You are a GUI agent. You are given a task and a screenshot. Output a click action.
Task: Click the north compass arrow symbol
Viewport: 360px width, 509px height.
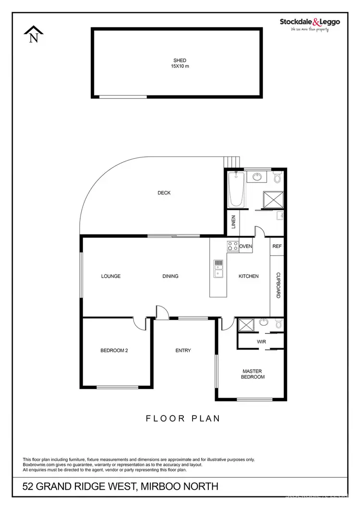point(34,35)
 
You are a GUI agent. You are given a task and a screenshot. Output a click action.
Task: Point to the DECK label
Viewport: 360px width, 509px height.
point(164,193)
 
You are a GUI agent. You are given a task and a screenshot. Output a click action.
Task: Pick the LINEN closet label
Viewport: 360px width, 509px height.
point(234,223)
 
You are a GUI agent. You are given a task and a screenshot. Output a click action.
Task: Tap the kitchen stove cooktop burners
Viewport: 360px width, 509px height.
point(233,247)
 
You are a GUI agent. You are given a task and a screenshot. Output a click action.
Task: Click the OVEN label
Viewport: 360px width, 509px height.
point(246,247)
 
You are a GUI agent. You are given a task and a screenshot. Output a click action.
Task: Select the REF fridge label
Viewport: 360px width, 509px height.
point(277,247)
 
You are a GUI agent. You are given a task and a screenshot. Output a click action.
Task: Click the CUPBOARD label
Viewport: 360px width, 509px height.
point(278,286)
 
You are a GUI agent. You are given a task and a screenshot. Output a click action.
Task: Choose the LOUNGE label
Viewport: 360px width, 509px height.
point(111,276)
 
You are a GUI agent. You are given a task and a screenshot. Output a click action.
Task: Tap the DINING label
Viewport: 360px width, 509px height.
point(170,276)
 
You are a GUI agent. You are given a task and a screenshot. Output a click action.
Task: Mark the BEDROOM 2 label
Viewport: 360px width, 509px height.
point(114,351)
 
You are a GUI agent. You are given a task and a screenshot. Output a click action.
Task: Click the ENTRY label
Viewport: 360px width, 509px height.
point(183,351)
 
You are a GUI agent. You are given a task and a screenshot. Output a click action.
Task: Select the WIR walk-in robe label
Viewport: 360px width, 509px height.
point(262,342)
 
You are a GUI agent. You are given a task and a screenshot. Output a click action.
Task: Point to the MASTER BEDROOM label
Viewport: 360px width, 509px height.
point(253,374)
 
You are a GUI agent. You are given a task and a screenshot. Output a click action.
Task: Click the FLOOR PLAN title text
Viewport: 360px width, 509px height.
point(183,418)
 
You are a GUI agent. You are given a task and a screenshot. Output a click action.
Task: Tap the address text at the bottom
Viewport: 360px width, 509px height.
point(120,487)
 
